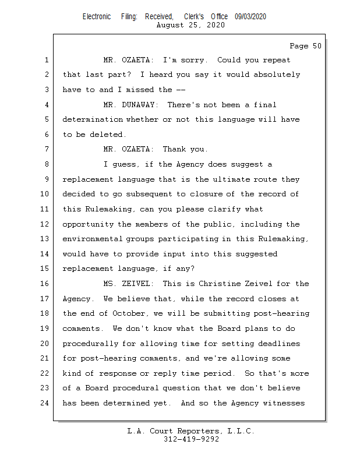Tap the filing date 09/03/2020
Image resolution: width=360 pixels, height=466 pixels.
tap(250, 17)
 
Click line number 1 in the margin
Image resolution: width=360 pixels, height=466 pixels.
tap(45, 60)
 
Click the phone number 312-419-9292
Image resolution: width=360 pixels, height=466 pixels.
tap(191, 439)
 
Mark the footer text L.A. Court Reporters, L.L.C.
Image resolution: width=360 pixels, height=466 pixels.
tap(191, 431)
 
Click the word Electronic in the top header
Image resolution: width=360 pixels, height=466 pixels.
tap(97, 17)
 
